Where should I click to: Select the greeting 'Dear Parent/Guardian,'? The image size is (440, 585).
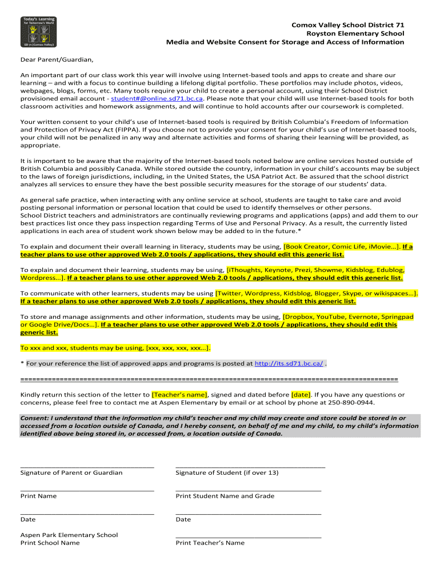(x=57, y=59)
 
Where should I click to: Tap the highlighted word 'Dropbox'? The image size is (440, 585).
(x=299, y=316)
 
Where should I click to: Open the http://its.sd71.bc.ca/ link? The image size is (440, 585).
(x=289, y=363)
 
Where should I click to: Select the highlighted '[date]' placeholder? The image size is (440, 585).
(x=301, y=395)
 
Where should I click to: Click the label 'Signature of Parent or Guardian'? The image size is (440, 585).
(x=71, y=473)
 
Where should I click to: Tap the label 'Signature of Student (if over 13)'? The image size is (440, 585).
(x=227, y=473)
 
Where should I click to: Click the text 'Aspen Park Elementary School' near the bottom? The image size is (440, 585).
(x=69, y=535)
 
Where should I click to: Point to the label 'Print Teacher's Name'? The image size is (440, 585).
(x=210, y=543)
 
